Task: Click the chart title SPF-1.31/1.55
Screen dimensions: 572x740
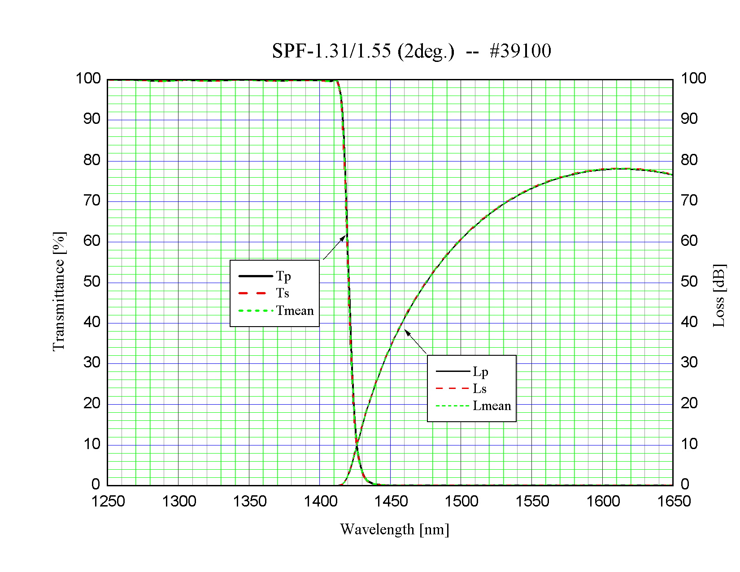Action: [411, 51]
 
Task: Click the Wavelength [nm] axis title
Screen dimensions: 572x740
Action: [394, 530]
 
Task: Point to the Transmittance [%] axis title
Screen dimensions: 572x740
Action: [59, 292]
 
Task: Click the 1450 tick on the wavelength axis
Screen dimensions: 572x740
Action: [391, 501]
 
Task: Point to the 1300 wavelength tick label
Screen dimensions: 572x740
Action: [179, 501]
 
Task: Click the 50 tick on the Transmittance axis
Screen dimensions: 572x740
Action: [92, 282]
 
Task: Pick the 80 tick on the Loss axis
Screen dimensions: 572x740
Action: [689, 160]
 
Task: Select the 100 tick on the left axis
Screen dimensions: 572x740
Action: [88, 79]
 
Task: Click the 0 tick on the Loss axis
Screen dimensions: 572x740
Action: [685, 484]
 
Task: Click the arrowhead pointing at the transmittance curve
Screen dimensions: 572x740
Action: [344, 237]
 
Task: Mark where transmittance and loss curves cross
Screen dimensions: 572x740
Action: [357, 445]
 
